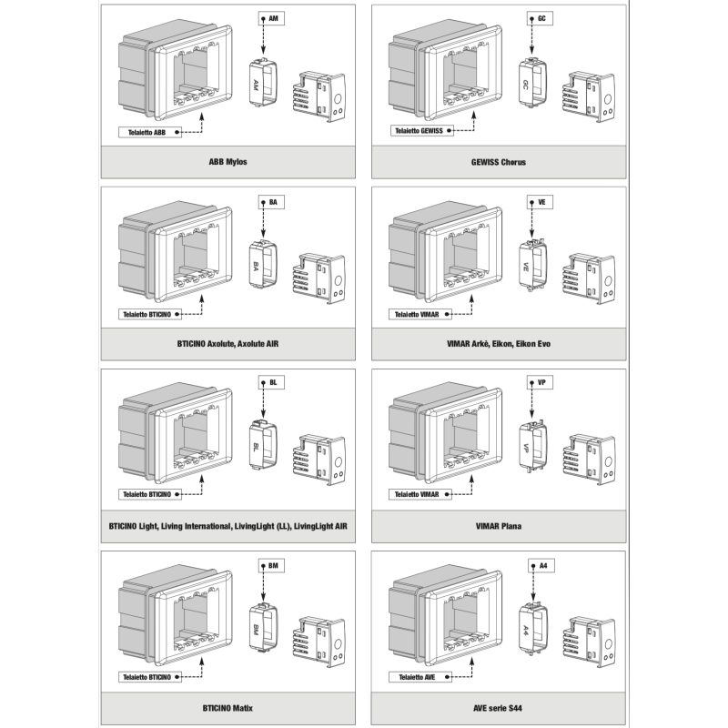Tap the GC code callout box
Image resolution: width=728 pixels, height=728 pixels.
[x=541, y=18]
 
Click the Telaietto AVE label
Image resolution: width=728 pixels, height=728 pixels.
[x=415, y=677]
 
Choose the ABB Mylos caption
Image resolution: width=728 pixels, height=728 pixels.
[x=227, y=163]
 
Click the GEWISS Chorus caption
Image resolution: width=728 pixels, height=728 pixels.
[x=499, y=163]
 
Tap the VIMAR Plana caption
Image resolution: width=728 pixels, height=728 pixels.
[x=499, y=526]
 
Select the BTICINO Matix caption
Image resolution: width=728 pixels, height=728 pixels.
[x=227, y=707]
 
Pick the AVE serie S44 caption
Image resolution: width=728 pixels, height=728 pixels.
[x=499, y=707]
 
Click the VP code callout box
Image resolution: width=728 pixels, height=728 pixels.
[x=541, y=382]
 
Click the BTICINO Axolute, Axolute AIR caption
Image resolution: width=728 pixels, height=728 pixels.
[x=227, y=344]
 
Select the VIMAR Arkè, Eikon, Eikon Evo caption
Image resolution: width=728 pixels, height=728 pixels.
[x=499, y=344]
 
